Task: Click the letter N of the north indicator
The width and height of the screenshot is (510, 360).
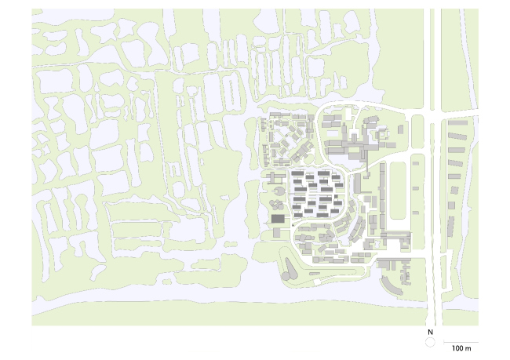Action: tap(430, 333)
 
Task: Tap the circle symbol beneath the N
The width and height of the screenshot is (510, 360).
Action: tap(430, 344)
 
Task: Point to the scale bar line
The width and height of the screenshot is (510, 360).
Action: tap(455, 342)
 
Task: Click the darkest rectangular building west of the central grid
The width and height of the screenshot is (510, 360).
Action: tap(278, 218)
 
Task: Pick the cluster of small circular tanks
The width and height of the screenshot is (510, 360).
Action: tap(277, 206)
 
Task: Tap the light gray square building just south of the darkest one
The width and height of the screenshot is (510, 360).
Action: tap(277, 232)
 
